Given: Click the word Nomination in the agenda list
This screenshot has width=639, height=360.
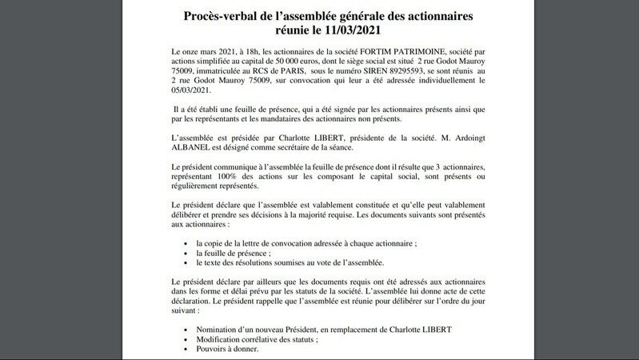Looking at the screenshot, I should pyautogui.click(x=211, y=329).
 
